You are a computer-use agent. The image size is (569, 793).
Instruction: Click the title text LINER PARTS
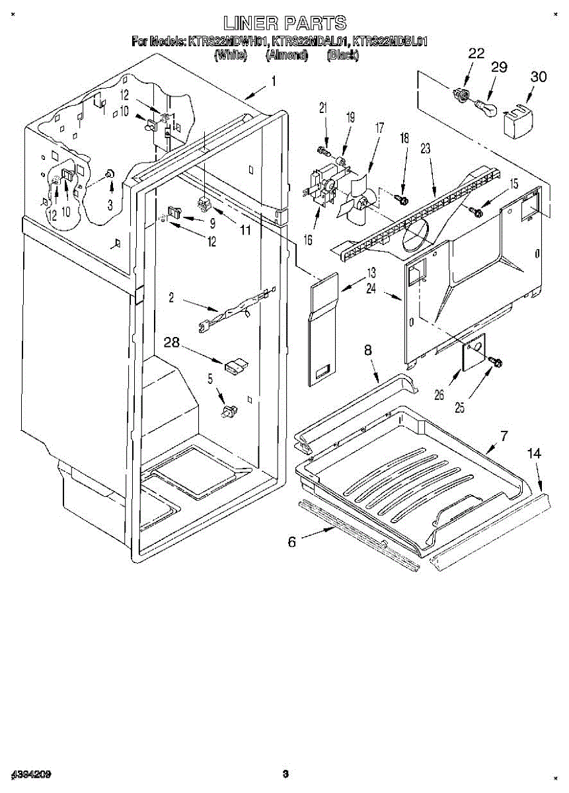click(x=284, y=24)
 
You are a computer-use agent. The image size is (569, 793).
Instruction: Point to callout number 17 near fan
click(x=379, y=129)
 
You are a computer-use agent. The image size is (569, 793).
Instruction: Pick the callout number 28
click(x=172, y=342)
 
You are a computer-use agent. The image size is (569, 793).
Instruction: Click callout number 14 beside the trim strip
click(x=534, y=453)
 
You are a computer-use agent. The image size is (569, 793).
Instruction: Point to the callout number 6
click(x=291, y=542)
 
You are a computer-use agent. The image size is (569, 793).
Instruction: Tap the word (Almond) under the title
click(x=287, y=56)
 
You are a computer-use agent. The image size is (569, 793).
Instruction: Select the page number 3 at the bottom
click(x=285, y=773)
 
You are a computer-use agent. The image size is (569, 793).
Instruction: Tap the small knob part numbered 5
click(x=229, y=412)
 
